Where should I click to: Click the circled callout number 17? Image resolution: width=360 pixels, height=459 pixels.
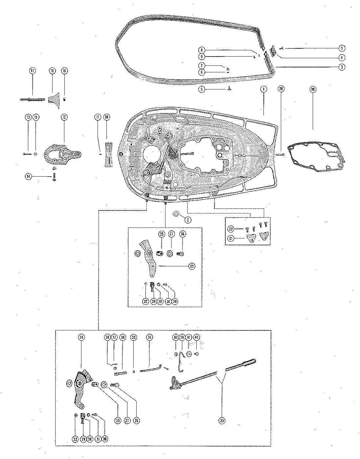pyautogui.click(x=32, y=71)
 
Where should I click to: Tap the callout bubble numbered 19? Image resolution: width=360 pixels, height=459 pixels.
pyautogui.click(x=313, y=89)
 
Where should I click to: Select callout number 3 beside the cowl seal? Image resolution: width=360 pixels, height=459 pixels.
pyautogui.click(x=342, y=67)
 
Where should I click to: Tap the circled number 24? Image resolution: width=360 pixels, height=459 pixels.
pyautogui.click(x=81, y=337)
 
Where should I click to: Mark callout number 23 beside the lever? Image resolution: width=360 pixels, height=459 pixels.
pyautogui.click(x=191, y=267)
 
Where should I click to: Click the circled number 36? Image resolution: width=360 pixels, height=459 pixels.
pyautogui.click(x=149, y=337)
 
